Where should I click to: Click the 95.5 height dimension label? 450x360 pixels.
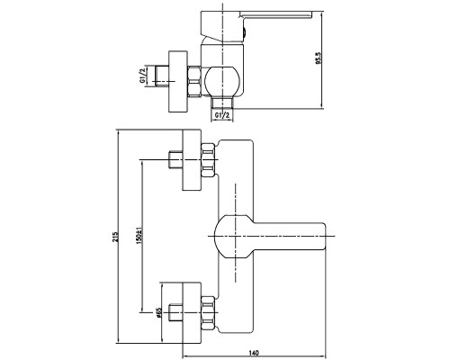pos(319,58)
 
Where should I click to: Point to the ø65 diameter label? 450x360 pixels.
pos(158,312)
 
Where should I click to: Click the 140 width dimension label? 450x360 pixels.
pos(254,353)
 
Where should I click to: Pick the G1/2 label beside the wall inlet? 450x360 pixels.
pos(142,76)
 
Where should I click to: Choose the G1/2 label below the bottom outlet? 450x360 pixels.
pos(222,115)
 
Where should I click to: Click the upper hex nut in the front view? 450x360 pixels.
pos(209,160)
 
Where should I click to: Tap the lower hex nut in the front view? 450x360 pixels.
pos(209,313)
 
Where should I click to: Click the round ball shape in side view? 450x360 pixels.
pos(222,81)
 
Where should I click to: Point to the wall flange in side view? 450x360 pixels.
pos(178,81)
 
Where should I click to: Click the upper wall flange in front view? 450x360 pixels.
pos(192,160)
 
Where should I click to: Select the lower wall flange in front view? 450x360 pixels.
pos(192,312)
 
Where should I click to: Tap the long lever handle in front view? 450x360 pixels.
pos(270,237)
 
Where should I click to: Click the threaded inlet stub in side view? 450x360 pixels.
pos(161,76)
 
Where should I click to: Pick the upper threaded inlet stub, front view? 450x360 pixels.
pos(175,160)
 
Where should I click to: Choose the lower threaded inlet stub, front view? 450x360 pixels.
pos(175,313)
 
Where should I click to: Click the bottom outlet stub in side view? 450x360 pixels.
pos(222,103)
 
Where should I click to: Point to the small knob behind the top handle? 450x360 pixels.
pos(244,31)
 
